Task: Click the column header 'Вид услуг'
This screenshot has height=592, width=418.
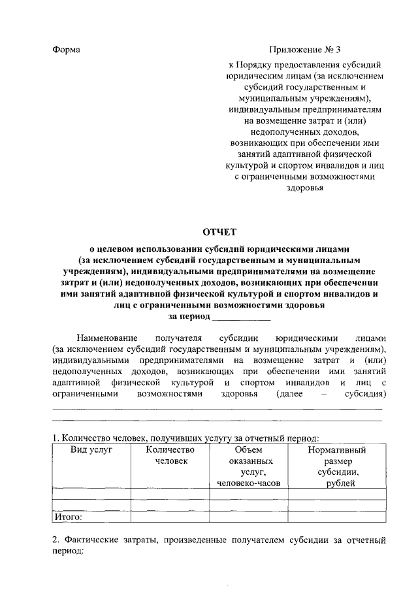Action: (91, 450)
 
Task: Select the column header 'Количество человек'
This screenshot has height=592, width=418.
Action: (171, 455)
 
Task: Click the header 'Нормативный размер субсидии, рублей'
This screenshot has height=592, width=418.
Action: (337, 466)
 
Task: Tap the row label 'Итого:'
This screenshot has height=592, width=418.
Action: (68, 517)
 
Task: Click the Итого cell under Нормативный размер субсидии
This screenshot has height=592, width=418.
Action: (337, 517)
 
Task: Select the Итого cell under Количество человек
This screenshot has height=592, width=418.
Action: (171, 517)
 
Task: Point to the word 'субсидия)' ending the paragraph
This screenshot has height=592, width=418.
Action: (364, 394)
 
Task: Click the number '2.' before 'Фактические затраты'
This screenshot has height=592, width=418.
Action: (56, 540)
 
